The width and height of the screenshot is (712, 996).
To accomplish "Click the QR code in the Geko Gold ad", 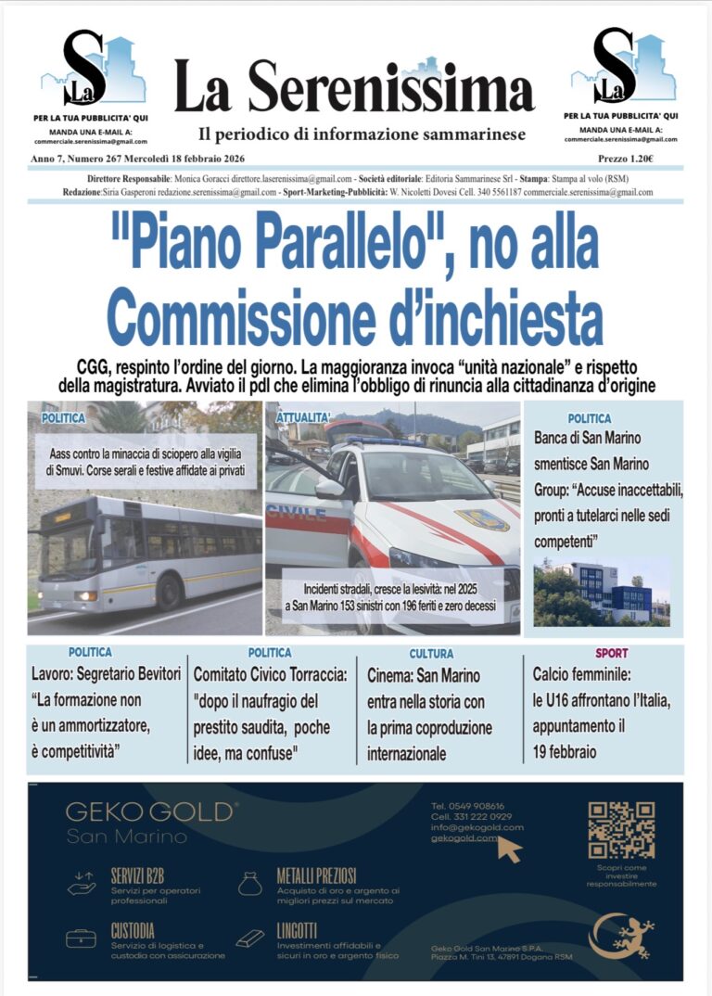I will tap(621, 830).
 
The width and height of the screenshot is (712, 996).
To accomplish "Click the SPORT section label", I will tap(611, 654).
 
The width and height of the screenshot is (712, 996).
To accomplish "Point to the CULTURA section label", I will tap(431, 654).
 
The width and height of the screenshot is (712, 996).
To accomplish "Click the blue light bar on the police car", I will tap(380, 440).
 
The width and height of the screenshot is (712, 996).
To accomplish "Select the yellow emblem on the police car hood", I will tap(481, 519).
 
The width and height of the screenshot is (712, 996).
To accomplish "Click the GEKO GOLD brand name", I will tap(151, 811).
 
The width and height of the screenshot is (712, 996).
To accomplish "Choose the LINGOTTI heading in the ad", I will tap(297, 929).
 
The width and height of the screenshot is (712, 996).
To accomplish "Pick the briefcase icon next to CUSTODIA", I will tap(81, 939).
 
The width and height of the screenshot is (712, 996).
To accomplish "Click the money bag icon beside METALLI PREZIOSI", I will tap(249, 884).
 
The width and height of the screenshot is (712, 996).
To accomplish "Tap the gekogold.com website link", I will tap(464, 838).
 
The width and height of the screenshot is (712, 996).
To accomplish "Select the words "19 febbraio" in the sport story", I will tap(565, 751).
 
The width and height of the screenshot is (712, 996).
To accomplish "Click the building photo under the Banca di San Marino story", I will tap(603, 591).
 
